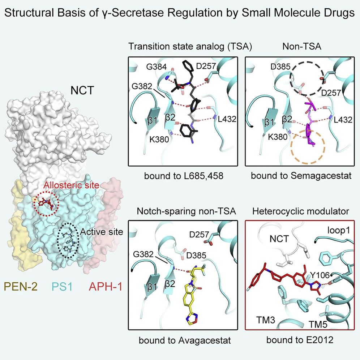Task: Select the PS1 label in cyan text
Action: pyautogui.click(x=62, y=287)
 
